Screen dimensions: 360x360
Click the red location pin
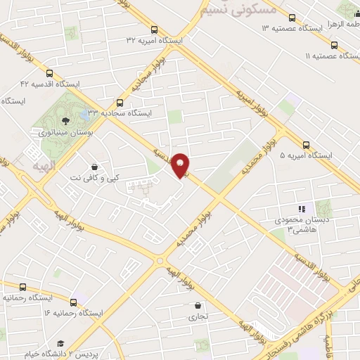181,165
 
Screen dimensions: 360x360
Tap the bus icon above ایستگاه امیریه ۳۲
154,30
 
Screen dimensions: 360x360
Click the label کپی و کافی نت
94,179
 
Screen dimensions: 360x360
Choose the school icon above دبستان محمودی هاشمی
302,208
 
